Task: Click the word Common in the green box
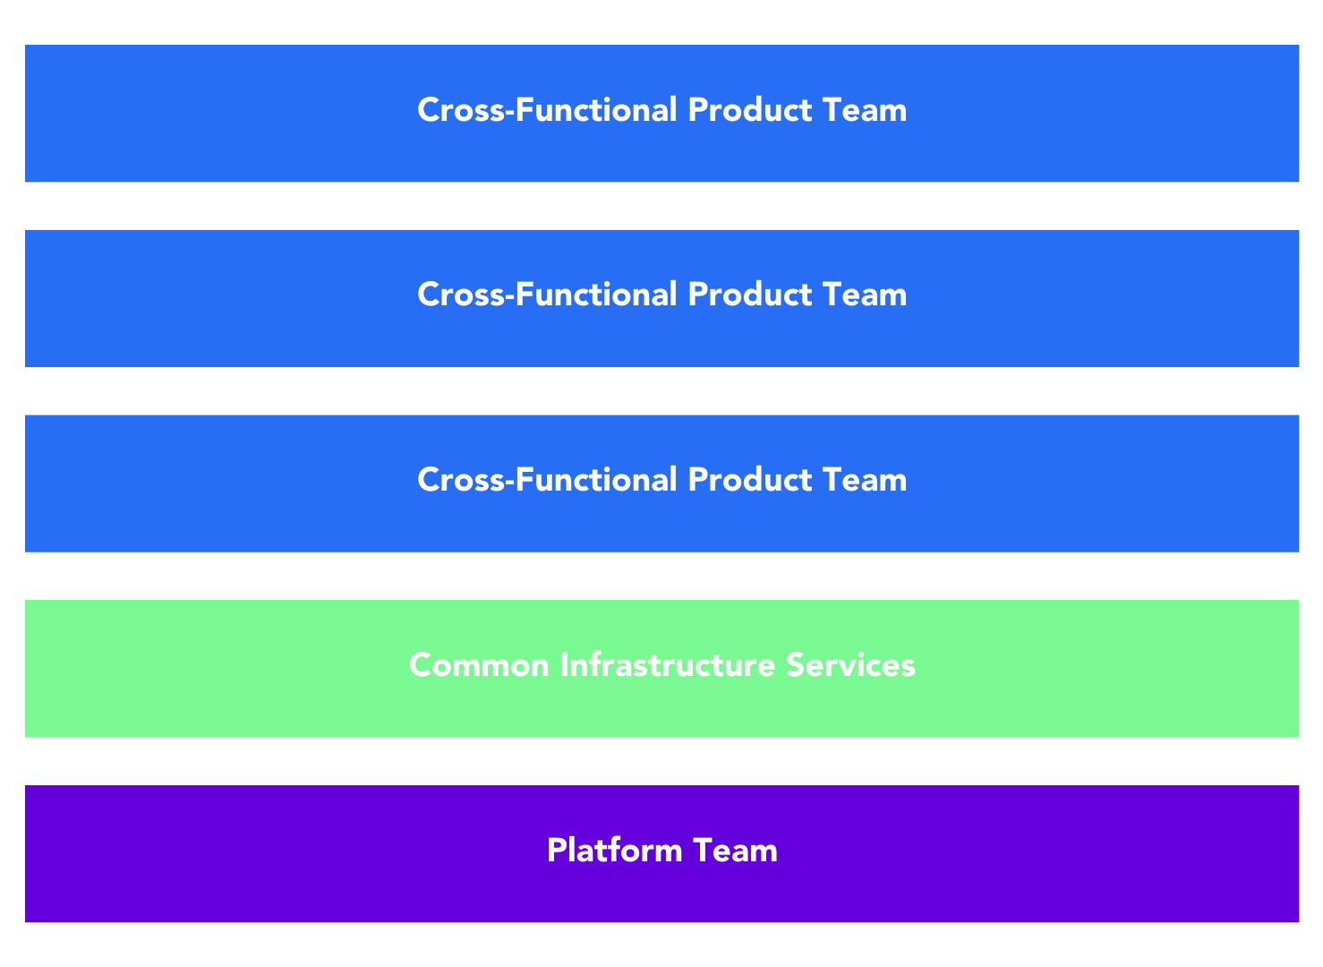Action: click(479, 666)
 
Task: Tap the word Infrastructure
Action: click(668, 665)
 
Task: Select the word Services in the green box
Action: click(850, 666)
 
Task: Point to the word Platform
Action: click(614, 851)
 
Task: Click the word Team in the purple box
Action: click(735, 851)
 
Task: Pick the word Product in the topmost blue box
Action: click(749, 110)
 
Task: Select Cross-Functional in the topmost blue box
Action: click(547, 110)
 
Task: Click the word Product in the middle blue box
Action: click(749, 295)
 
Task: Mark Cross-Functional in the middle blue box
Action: click(547, 295)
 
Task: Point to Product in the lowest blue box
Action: click(749, 480)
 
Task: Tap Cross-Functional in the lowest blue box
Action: click(547, 480)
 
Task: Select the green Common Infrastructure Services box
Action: click(662, 669)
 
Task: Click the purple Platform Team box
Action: click(662, 853)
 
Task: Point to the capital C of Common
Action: click(422, 666)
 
